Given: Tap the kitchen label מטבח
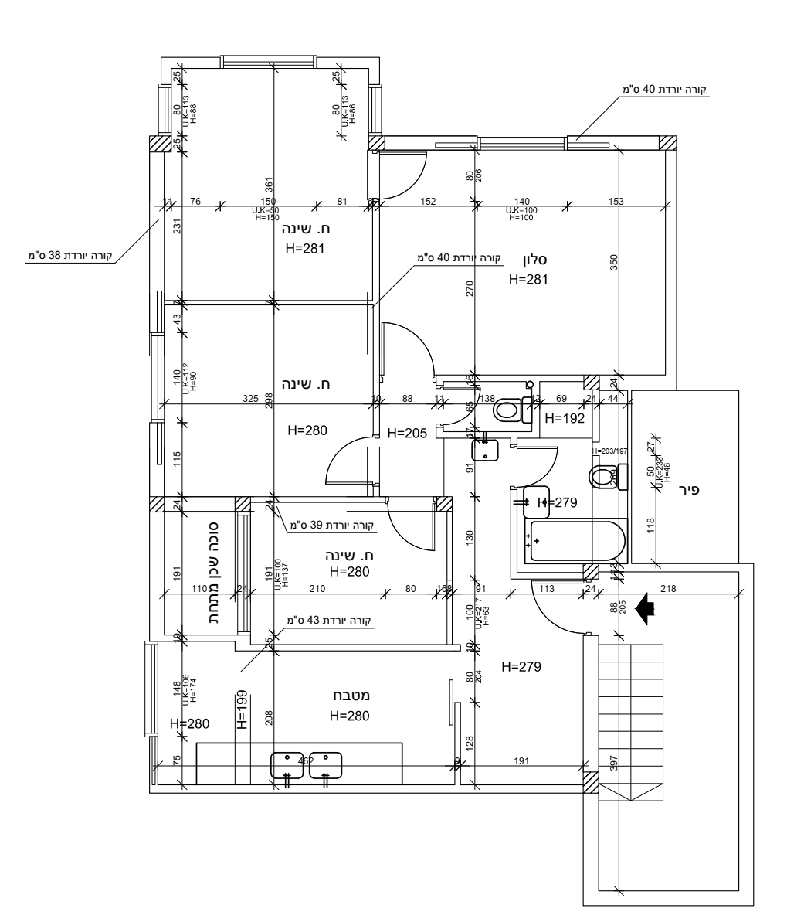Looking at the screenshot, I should (349, 696).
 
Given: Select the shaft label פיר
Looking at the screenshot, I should (687, 489).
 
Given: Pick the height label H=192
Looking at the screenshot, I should (564, 418).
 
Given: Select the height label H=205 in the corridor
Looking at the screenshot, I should (405, 433).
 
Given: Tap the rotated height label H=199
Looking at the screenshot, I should (242, 710).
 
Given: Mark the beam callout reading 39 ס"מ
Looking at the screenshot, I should (331, 526).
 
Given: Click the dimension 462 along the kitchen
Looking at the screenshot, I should (307, 762).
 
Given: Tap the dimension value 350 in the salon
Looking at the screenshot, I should (614, 263).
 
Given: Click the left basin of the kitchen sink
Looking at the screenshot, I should (287, 764).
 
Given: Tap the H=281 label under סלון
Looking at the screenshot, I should (528, 280).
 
